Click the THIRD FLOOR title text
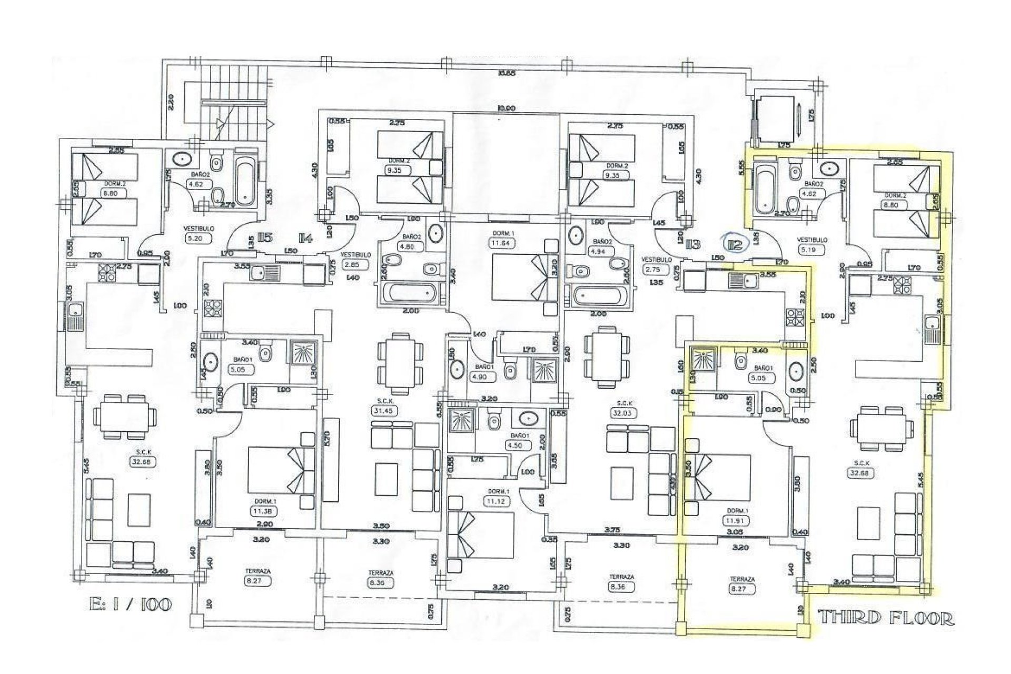(886, 618)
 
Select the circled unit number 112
(735, 244)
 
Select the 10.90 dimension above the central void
(506, 108)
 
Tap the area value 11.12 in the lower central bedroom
(497, 501)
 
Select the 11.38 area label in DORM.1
(265, 510)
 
